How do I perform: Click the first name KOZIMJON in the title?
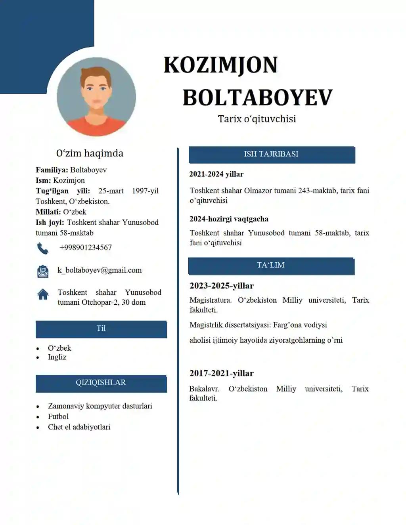[220, 65]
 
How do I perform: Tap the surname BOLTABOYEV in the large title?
[257, 97]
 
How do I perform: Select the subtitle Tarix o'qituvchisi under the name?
[257, 119]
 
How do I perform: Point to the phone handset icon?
[42, 248]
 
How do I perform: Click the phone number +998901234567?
[86, 248]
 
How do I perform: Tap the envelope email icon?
[42, 271]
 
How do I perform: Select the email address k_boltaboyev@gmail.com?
[100, 270]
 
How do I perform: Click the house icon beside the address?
[43, 294]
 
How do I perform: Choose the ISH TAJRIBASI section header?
[272, 155]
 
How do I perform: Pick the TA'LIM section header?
[271, 265]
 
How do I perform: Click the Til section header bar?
[101, 329]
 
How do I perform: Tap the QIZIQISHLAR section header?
[101, 383]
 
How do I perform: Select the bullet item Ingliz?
[57, 357]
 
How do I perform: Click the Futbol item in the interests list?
[58, 416]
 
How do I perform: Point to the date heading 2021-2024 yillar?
[216, 174]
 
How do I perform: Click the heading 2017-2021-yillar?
[221, 373]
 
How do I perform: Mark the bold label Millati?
[48, 212]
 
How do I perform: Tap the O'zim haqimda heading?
[90, 153]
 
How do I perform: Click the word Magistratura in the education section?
[211, 300]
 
